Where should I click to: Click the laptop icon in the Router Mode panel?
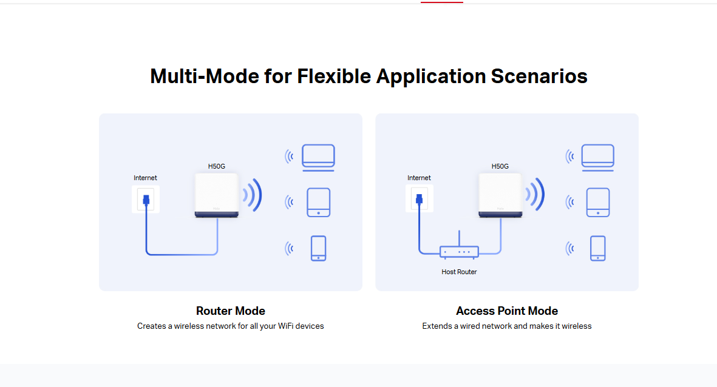318,158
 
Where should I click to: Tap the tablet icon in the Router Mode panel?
318,202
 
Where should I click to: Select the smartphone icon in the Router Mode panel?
318,248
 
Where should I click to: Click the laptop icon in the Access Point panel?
597,158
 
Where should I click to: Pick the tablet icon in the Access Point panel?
597,202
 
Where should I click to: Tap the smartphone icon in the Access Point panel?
597,248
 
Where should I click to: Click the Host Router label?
459,272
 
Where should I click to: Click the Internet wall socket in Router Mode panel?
146,199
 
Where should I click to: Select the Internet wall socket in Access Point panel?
420,199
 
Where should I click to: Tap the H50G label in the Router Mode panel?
217,166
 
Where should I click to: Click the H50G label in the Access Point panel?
500,166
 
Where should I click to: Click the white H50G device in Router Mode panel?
217,195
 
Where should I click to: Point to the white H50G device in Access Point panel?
500,195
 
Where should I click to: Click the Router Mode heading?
231,311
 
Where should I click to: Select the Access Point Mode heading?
507,311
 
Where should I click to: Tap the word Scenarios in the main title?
539,76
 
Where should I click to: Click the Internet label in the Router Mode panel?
146,178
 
